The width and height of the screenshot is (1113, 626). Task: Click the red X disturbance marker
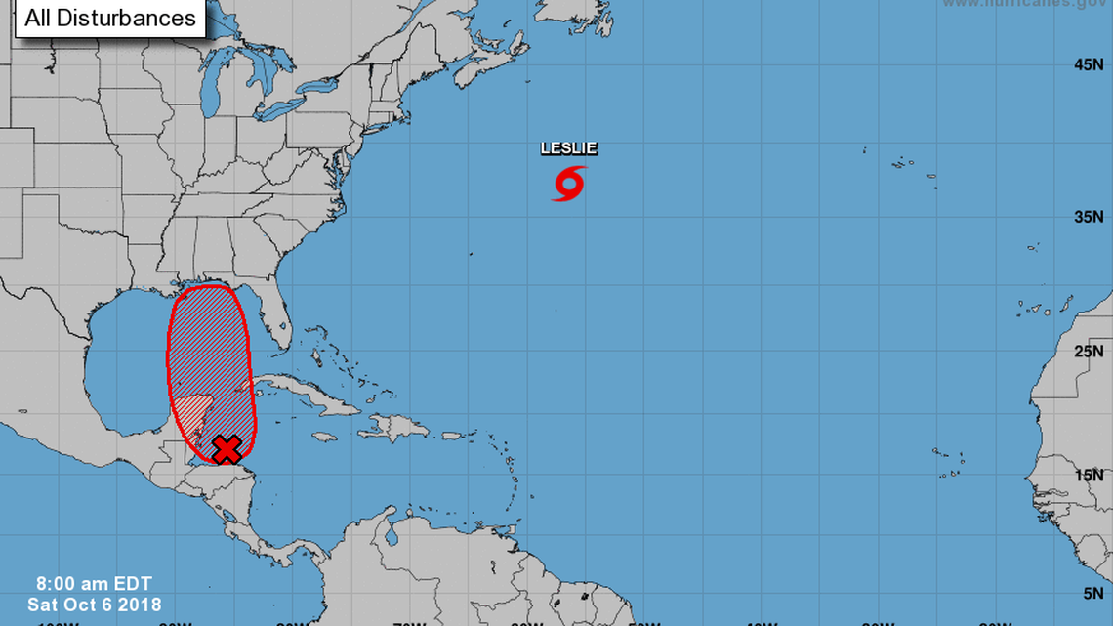coord(227,449)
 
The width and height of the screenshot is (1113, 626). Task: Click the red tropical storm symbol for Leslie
coord(569,183)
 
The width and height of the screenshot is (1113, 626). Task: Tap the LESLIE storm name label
coord(569,148)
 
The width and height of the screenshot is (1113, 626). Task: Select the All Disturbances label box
coord(109,18)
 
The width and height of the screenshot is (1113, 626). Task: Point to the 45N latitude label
coord(1089,64)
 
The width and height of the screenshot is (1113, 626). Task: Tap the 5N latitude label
coord(1092,592)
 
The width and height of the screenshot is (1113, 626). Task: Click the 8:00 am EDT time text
coord(80,587)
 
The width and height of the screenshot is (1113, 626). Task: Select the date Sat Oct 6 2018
coord(94,605)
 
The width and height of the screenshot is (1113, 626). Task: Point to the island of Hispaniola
coord(399,426)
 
